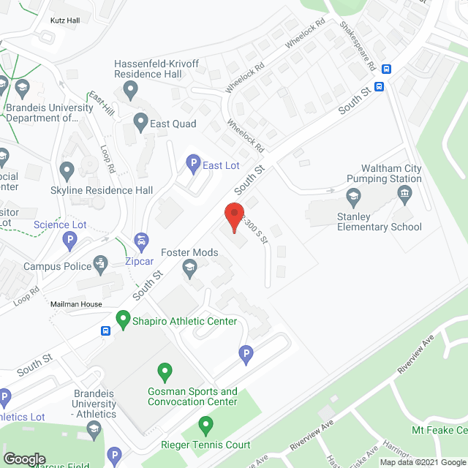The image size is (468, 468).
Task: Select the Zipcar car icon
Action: (x=141, y=241)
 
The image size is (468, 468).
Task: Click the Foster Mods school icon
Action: (x=189, y=267)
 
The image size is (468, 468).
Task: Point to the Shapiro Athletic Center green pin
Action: (x=124, y=320)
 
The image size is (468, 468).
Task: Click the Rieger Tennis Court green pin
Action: (x=206, y=424)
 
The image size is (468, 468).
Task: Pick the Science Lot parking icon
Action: (x=69, y=239)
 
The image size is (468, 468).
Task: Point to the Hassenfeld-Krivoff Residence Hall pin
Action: (x=131, y=91)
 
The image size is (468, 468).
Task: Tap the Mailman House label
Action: (x=76, y=304)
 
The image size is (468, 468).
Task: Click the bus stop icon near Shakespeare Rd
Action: (x=387, y=69)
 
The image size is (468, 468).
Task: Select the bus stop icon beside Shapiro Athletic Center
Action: (x=105, y=331)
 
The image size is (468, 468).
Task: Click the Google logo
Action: (x=25, y=459)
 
